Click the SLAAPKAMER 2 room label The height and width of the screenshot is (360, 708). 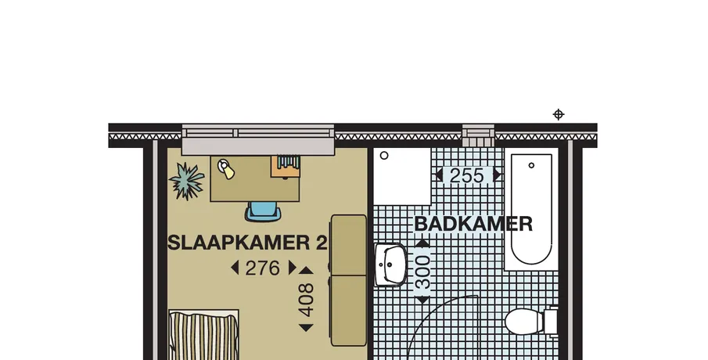pos(247,243)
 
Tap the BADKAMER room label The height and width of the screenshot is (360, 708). pos(473,224)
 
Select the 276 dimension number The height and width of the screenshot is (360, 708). pos(262,268)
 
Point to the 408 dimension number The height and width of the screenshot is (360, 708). pos(306,300)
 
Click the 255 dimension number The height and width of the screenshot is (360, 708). pos(467,175)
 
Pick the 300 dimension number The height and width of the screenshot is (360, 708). pos(422,272)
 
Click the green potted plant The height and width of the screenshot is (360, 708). pos(186,181)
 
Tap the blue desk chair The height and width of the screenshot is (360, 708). pos(263,211)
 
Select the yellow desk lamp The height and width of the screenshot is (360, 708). pos(226,169)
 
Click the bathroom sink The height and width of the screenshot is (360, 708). pos(390,265)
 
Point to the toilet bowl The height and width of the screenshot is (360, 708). pos(524,321)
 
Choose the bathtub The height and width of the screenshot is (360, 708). pos(531,209)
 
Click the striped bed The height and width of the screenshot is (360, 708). pos(203,335)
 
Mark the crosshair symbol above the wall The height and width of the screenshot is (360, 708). pos(559,114)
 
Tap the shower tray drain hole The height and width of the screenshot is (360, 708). pos(384,156)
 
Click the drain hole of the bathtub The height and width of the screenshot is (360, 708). pos(531,165)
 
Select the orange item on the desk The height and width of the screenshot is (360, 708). pos(286,166)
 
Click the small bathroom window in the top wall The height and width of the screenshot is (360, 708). pos(478,135)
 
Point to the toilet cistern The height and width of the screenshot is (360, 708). pos(552,321)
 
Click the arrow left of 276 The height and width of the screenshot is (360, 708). pos(235,268)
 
